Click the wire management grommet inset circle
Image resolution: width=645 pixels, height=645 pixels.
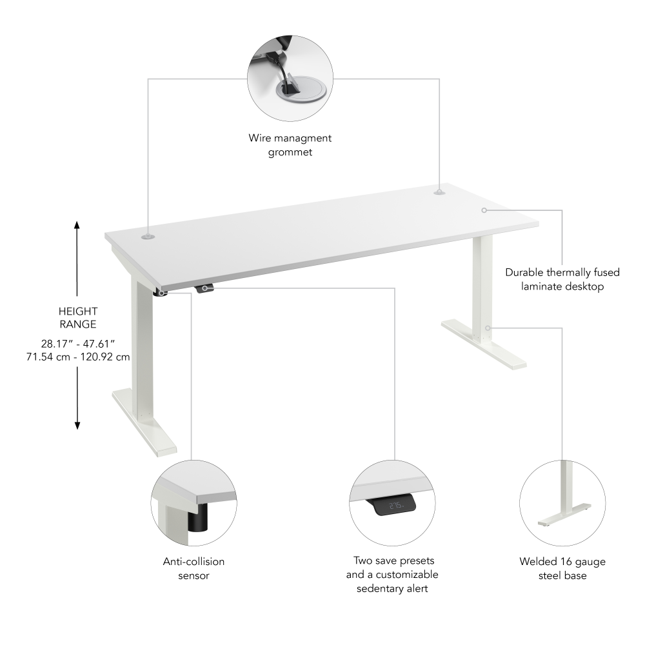point(290,79)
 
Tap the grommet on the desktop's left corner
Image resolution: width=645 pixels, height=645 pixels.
point(148,237)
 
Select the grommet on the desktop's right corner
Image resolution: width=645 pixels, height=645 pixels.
point(439,192)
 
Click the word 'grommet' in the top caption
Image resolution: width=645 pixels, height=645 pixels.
point(290,152)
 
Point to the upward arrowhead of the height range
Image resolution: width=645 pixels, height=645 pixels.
point(77,225)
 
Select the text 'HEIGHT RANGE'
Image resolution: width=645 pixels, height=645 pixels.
point(77,318)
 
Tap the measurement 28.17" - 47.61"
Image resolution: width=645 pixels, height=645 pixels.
point(77,342)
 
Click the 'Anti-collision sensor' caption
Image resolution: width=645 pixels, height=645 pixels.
point(193,568)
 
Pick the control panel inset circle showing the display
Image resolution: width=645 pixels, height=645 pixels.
point(392,504)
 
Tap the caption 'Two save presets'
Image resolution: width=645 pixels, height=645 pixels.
point(392,561)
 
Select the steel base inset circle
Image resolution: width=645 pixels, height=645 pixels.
point(562,504)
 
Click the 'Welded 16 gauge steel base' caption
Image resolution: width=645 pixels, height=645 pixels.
point(562,568)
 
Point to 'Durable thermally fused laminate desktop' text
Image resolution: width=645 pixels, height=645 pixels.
point(562,279)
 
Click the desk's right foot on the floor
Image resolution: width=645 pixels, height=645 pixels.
point(484,345)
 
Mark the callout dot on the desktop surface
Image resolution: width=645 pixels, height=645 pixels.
point(484,210)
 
